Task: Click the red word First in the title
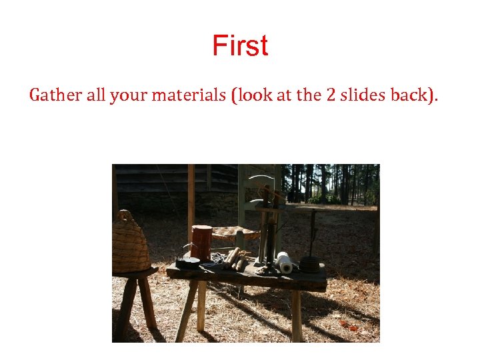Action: [x=240, y=46]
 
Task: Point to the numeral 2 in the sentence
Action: [x=331, y=95]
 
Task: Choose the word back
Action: [x=415, y=95]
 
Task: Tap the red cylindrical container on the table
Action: [x=201, y=242]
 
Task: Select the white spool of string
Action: [x=285, y=262]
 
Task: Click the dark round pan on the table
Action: [x=187, y=262]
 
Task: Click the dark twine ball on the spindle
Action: [x=309, y=264]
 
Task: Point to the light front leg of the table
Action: [x=201, y=305]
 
